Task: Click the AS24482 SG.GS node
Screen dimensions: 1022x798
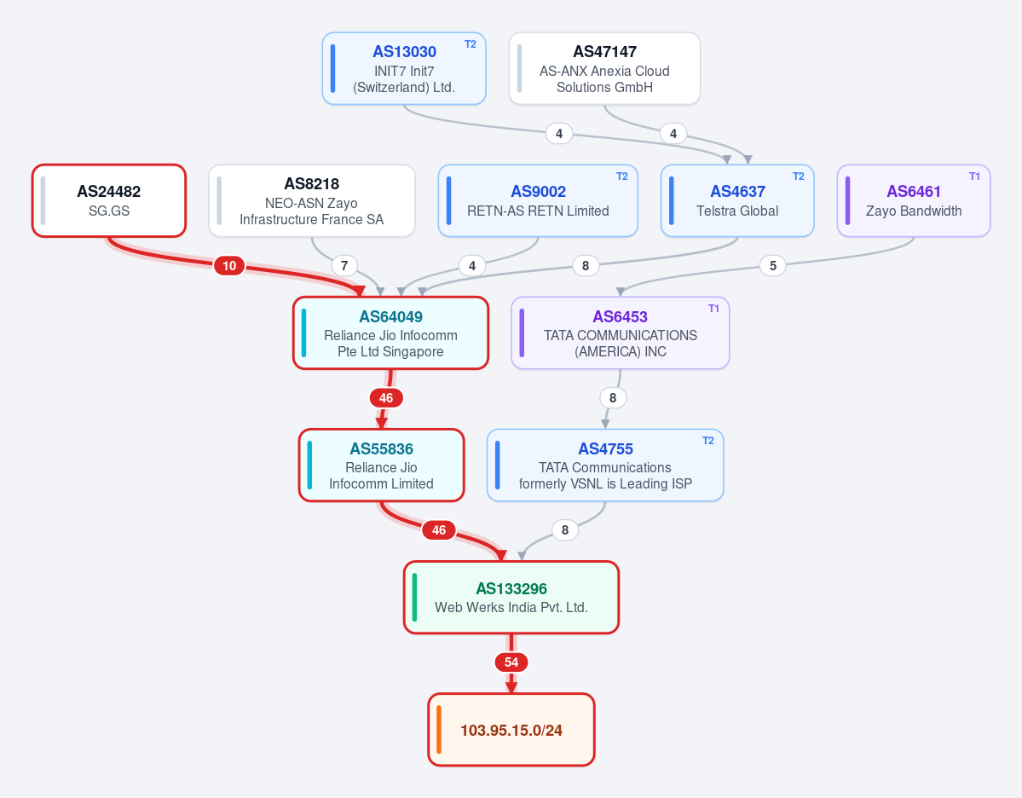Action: click(109, 201)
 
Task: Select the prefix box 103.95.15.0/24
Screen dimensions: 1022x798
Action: click(511, 730)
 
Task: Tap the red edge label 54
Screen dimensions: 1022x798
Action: click(511, 662)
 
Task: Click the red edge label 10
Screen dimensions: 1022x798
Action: click(229, 265)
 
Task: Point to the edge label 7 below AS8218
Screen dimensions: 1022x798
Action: click(344, 265)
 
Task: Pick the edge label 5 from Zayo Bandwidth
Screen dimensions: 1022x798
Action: click(773, 265)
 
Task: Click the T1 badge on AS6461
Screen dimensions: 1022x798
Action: click(974, 176)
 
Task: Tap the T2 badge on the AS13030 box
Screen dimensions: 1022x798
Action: click(470, 44)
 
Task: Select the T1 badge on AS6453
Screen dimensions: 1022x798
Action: click(713, 309)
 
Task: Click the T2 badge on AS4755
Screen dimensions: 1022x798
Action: click(707, 441)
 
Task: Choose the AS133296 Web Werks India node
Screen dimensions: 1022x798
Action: click(511, 597)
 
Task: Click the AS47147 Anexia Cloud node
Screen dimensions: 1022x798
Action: click(604, 68)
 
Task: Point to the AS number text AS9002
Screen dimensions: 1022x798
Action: click(539, 191)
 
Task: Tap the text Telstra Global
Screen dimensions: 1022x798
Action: click(737, 211)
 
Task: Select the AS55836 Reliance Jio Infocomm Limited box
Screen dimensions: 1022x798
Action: click(381, 465)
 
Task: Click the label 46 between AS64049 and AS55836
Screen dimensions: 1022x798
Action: click(386, 397)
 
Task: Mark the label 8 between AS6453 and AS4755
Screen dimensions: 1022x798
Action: click(613, 397)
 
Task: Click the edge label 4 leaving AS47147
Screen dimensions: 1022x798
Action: click(673, 134)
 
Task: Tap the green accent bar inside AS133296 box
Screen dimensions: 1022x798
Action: click(414, 597)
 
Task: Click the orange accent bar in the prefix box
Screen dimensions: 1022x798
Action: click(439, 730)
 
